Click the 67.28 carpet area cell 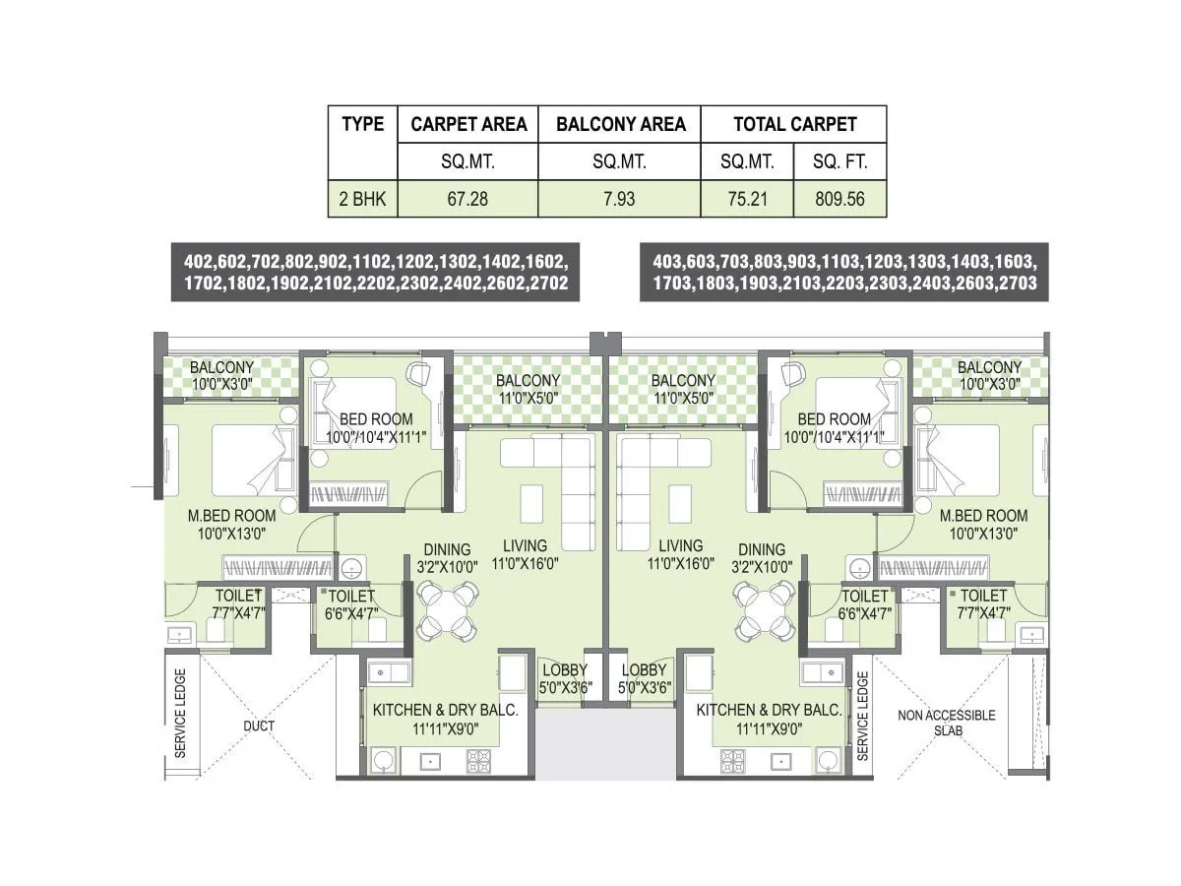pyautogui.click(x=467, y=199)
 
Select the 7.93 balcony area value pyautogui.click(x=619, y=199)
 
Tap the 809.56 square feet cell pyautogui.click(x=839, y=199)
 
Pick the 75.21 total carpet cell pyautogui.click(x=747, y=199)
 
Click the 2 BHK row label pyautogui.click(x=363, y=199)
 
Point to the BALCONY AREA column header pyautogui.click(x=620, y=124)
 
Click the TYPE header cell pyautogui.click(x=363, y=124)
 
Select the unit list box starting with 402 pyautogui.click(x=375, y=273)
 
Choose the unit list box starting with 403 pyautogui.click(x=843, y=273)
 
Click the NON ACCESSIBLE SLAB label pyautogui.click(x=946, y=724)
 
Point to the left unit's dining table pyautogui.click(x=447, y=609)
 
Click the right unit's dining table pyautogui.click(x=763, y=609)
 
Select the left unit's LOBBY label pyautogui.click(x=565, y=679)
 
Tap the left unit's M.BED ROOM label pyautogui.click(x=232, y=524)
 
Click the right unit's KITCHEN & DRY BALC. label pyautogui.click(x=769, y=719)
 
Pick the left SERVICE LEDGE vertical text pyautogui.click(x=180, y=715)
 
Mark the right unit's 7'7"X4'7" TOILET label pyautogui.click(x=983, y=603)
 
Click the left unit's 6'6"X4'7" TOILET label pyautogui.click(x=350, y=603)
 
